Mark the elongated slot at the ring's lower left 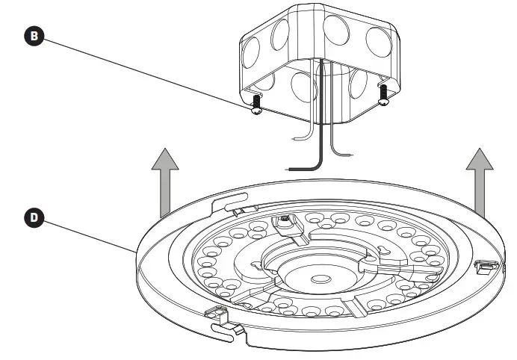[227, 328]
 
